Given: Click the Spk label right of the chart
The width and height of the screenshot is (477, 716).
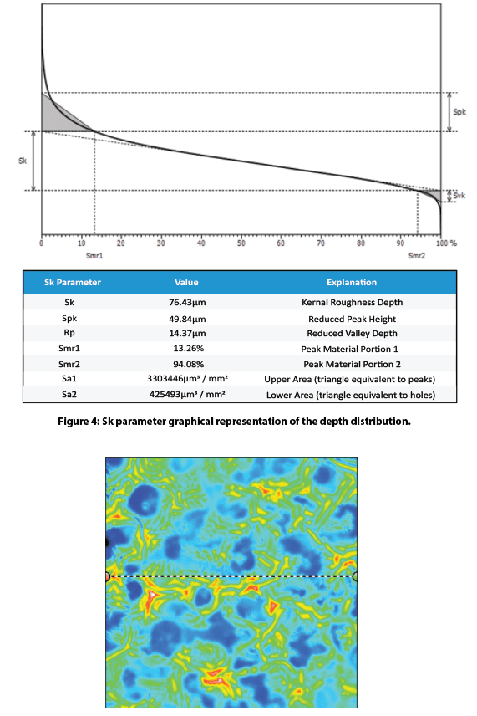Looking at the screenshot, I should pyautogui.click(x=459, y=111).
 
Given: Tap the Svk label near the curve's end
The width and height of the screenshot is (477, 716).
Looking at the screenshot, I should pyautogui.click(x=458, y=196).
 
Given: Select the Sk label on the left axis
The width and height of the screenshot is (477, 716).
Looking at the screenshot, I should pyautogui.click(x=22, y=160).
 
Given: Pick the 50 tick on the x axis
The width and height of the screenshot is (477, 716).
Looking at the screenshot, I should pyautogui.click(x=241, y=243).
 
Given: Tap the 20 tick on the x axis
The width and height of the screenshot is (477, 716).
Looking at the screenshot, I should pyautogui.click(x=121, y=243).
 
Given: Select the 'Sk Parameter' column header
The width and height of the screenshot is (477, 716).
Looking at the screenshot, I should pyautogui.click(x=72, y=282).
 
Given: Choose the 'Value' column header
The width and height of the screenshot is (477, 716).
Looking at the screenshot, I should pyautogui.click(x=186, y=282).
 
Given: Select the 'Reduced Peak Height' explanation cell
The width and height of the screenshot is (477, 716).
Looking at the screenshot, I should pyautogui.click(x=353, y=318).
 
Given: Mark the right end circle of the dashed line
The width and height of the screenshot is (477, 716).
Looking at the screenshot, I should pyautogui.click(x=355, y=576).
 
